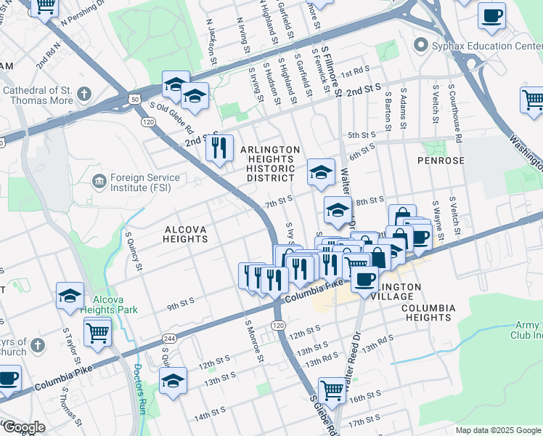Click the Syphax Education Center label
(478, 46)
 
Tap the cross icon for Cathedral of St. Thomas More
(85, 94)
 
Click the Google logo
(23, 427)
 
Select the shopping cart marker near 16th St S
(332, 389)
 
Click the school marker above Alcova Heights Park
(70, 295)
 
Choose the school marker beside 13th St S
(173, 380)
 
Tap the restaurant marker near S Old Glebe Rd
(219, 148)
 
